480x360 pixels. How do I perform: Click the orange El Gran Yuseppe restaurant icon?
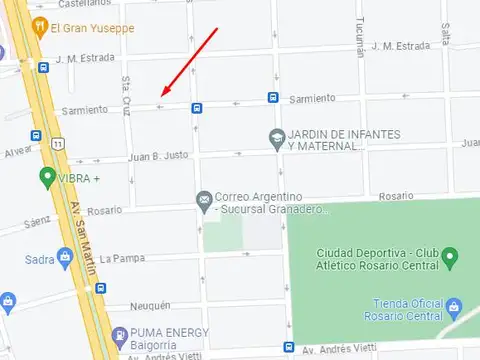(40, 28)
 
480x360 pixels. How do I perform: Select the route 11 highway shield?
(59, 145)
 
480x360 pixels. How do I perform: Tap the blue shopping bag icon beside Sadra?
(65, 259)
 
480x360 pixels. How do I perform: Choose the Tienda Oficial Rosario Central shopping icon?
(454, 304)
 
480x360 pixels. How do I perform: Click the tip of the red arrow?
(160, 97)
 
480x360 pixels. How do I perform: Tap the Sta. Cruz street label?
(127, 90)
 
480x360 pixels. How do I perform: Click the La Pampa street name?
(122, 258)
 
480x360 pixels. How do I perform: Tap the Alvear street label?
(18, 152)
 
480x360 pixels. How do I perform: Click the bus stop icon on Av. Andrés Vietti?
(289, 349)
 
